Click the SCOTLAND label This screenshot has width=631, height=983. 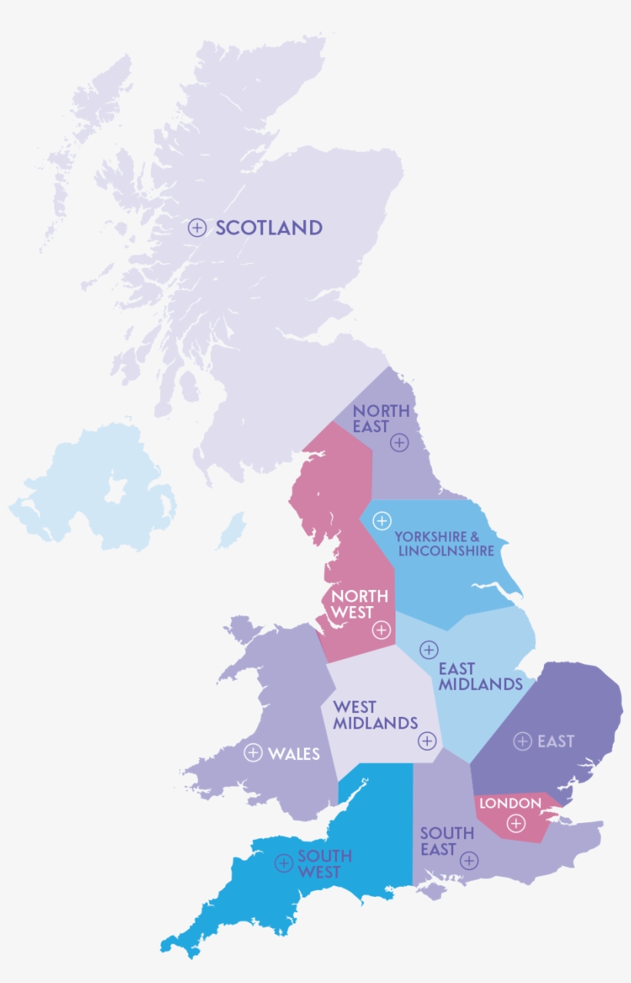coord(269,228)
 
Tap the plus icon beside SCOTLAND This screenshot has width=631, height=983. coord(198,228)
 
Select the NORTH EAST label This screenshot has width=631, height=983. coord(381,418)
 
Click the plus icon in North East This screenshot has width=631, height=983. coord(399,442)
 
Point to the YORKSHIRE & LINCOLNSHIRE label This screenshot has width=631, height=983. coord(444,543)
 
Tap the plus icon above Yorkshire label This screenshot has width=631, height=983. coord(381,521)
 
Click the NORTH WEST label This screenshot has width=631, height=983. coord(352,604)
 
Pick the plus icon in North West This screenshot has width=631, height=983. coord(381,630)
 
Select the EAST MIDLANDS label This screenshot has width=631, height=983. coord(479,676)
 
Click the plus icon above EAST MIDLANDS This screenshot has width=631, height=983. coord(429,650)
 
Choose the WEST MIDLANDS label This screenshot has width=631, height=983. coord(375,715)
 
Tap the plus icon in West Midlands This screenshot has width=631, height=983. coord(427,741)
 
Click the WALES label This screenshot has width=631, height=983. coord(294,754)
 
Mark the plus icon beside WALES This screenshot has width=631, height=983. coord(252,753)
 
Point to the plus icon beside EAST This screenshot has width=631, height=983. coord(522,741)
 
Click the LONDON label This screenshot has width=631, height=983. coord(510,803)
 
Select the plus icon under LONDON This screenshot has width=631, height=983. coord(516,824)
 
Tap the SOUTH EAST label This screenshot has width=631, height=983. coord(446,841)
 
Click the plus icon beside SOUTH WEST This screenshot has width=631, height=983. coord(283,863)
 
